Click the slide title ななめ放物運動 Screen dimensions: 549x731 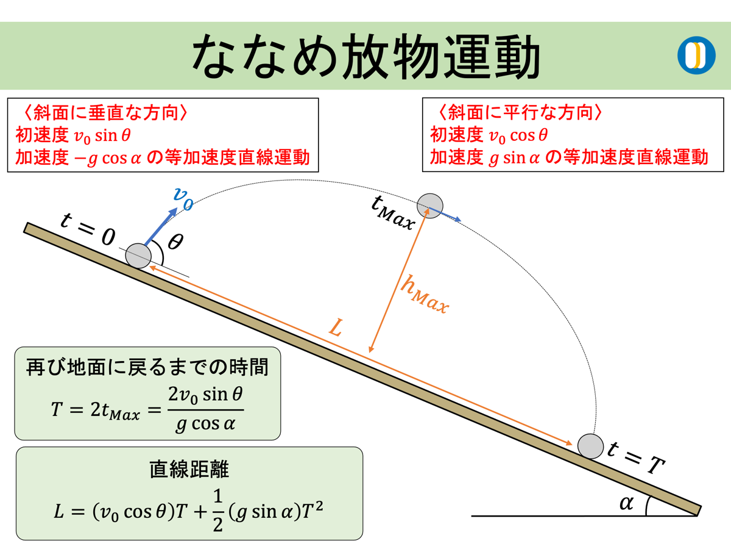pyautogui.click(x=365, y=56)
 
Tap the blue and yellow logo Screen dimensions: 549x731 pyautogui.click(x=696, y=56)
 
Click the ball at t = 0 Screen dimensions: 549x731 pyautogui.click(x=138, y=255)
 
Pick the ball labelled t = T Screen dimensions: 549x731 pyautogui.click(x=589, y=446)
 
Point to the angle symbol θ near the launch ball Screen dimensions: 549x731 pyautogui.click(x=175, y=242)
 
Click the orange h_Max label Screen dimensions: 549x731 pyautogui.click(x=424, y=295)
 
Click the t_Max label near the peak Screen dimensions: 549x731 pyautogui.click(x=392, y=213)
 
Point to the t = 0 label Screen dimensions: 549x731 pyautogui.click(x=88, y=229)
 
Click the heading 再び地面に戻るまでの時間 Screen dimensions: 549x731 pyautogui.click(x=147, y=367)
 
